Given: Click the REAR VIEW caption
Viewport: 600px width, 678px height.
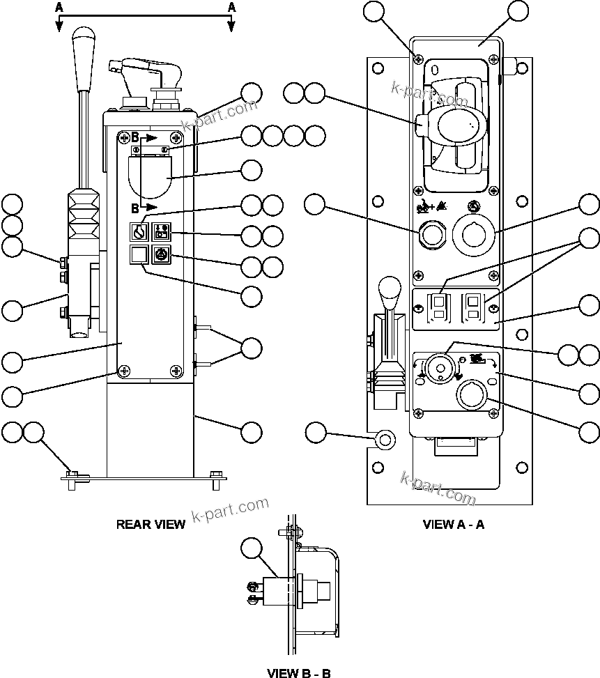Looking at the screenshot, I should pos(151,524).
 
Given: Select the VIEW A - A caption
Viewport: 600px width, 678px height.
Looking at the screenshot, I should pos(453,524).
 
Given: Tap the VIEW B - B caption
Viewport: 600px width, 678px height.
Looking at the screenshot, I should pos(299,672).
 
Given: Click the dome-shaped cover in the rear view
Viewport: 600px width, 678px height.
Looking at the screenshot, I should pos(151,176).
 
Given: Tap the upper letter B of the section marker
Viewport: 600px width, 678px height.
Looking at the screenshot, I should pos(136,137).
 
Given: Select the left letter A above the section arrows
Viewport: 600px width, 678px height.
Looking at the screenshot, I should pos(59,6).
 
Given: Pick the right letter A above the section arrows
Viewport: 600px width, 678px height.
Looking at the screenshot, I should pos(231,6).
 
